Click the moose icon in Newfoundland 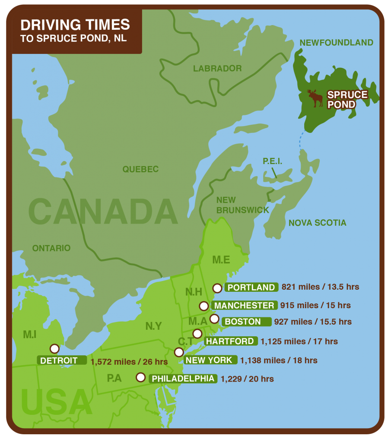point(315,98)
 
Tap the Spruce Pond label point(347,99)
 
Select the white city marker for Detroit point(54,348)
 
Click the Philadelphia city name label point(183,379)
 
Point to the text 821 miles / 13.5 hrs point(320,287)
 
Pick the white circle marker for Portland point(217,288)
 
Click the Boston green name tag point(243,322)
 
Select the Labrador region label point(217,68)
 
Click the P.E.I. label point(272,161)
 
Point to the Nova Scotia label point(317,223)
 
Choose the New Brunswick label point(242,205)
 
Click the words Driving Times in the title point(75,25)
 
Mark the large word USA point(56,401)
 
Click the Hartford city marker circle point(197,333)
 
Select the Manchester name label point(245,306)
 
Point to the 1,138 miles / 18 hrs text point(279,360)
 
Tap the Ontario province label point(51,248)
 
